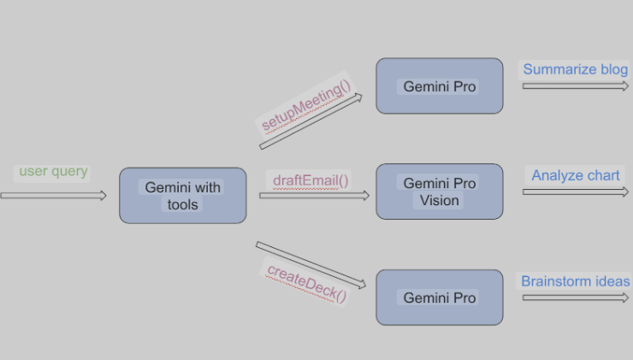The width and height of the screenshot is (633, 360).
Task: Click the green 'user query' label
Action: coord(53,172)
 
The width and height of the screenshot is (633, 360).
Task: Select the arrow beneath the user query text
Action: coord(53,196)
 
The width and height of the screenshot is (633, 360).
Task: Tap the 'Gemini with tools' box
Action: coord(183,196)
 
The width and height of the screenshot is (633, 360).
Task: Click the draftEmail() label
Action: coord(311,180)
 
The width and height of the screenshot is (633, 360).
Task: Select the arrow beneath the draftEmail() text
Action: coord(315,196)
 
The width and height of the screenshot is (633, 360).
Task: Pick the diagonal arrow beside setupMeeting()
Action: coord(311,121)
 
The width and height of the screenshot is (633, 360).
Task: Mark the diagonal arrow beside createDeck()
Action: coord(311,265)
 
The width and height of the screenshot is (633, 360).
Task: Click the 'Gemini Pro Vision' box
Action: coord(440,192)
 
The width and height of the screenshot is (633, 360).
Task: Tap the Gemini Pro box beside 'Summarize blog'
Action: coord(440,86)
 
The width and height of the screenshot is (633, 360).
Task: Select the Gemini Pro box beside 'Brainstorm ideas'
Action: coord(440,298)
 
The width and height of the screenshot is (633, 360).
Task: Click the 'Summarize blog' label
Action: coord(576,69)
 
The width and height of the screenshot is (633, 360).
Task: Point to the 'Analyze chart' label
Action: coord(576,175)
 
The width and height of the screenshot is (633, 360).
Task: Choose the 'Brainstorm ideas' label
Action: coord(576,281)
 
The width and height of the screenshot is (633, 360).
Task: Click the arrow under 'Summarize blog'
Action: coord(576,86)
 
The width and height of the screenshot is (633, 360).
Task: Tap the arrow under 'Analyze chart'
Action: coord(576,192)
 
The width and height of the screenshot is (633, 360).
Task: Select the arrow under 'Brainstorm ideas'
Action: coord(576,298)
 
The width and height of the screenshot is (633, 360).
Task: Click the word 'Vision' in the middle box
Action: coord(439,201)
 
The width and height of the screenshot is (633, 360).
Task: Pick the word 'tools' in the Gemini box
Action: coord(182,204)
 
